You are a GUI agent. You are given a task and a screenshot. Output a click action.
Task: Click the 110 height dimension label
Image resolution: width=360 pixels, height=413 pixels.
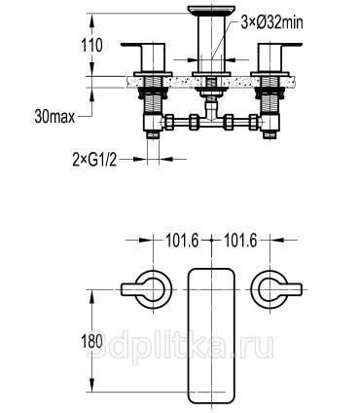[x=91, y=45]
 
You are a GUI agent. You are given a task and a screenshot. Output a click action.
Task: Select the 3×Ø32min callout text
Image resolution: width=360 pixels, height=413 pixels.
[x=271, y=22]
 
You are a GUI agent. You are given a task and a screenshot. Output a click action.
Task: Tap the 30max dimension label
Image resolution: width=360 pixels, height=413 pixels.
[x=54, y=117]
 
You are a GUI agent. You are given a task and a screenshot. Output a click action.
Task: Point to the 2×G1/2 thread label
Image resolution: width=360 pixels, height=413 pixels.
[x=94, y=160]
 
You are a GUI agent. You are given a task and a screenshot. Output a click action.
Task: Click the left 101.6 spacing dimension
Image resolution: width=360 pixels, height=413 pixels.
[x=182, y=241]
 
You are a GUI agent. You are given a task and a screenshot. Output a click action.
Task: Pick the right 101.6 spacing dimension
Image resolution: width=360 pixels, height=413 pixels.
[x=240, y=241]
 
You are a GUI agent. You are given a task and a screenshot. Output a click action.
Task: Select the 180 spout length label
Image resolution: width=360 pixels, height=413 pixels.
[x=92, y=342]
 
